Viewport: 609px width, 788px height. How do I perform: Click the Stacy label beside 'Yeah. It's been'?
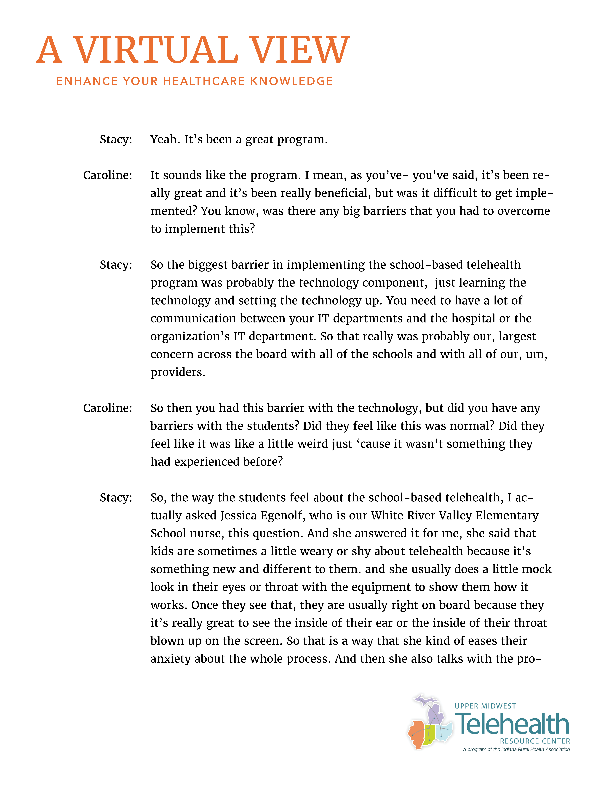tap(116, 139)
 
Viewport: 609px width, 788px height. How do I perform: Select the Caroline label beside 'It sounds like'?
tap(107, 175)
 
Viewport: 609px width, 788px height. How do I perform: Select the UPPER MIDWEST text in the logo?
tap(485, 706)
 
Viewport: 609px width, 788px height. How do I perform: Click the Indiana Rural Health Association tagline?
tap(516, 749)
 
